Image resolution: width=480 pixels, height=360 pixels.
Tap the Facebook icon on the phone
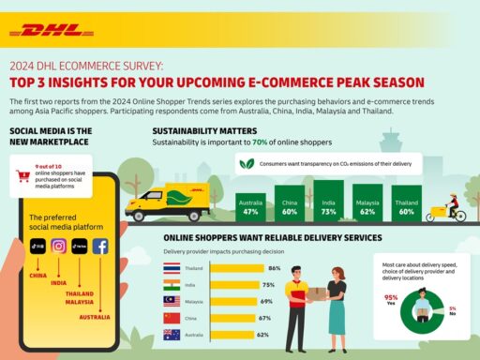[x=99, y=247]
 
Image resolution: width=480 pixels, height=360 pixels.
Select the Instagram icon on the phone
[x=58, y=247]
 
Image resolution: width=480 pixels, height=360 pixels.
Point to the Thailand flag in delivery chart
[x=171, y=268]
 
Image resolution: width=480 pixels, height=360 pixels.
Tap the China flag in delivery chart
[x=171, y=318]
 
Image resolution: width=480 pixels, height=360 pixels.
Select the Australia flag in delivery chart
[x=171, y=334]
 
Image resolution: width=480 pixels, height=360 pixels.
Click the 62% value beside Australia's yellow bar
[x=262, y=334]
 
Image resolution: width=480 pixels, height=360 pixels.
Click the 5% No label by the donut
[x=452, y=310]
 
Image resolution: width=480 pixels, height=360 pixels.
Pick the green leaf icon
[x=247, y=162]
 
